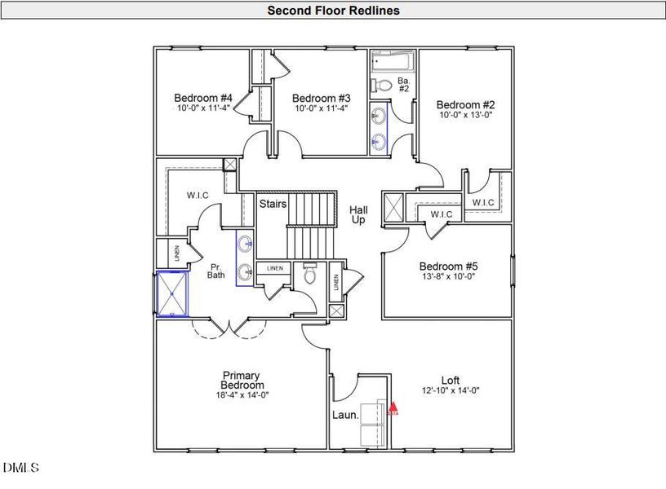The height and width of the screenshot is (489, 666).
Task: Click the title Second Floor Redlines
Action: click(x=333, y=11)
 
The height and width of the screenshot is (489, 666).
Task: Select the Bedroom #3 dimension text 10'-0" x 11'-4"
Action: click(x=321, y=108)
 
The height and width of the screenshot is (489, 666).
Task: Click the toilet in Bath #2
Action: click(x=382, y=85)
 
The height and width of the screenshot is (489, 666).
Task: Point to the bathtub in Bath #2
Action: click(x=393, y=62)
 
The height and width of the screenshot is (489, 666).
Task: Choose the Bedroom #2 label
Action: click(x=464, y=104)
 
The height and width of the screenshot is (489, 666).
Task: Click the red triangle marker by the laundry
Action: click(x=393, y=405)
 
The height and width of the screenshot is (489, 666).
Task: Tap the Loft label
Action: click(x=451, y=380)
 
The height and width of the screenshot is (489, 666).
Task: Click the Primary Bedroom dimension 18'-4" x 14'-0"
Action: click(x=242, y=395)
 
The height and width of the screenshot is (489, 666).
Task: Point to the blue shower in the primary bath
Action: click(x=172, y=294)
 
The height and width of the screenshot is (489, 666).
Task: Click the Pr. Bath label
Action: click(x=215, y=271)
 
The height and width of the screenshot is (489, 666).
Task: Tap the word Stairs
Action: click(x=273, y=204)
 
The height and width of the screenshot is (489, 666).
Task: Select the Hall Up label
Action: click(x=358, y=215)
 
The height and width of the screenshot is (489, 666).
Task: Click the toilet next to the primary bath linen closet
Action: click(x=309, y=275)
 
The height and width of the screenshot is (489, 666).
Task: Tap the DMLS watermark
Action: click(x=20, y=468)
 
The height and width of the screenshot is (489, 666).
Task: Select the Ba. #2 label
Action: click(x=402, y=86)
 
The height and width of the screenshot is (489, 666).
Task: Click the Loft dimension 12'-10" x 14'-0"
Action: click(x=450, y=390)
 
